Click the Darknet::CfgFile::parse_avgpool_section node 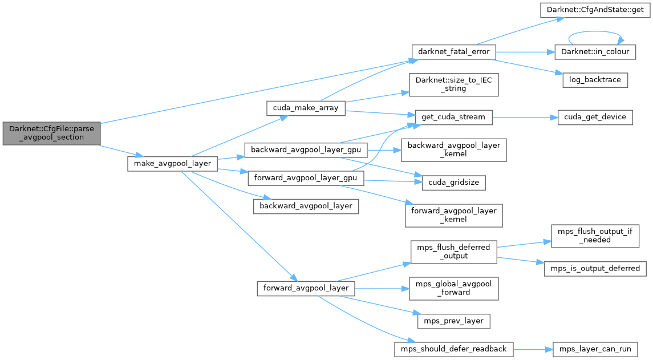[x=51, y=133]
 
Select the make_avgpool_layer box [x=172, y=164]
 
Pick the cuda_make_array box [x=306, y=108]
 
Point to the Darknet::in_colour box [x=596, y=51]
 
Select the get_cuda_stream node [x=453, y=117]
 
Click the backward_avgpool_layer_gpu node [x=306, y=149]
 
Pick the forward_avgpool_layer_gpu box [x=306, y=178]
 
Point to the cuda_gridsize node [x=453, y=183]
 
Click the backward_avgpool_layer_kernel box [x=453, y=149]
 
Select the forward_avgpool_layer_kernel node [x=453, y=215]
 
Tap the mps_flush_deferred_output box [x=453, y=252]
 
